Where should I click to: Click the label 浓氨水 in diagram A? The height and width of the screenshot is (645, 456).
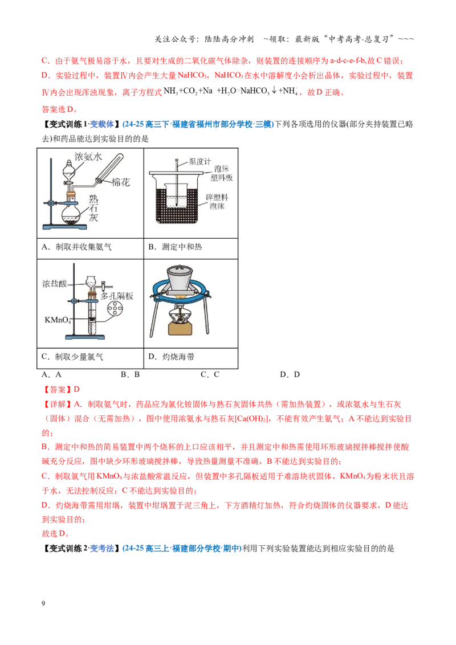click(x=88, y=157)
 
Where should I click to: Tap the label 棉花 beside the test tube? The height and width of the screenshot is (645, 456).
click(x=121, y=182)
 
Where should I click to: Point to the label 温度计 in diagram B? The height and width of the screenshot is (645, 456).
click(x=200, y=162)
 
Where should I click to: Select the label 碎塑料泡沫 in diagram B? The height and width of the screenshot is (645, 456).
click(x=217, y=202)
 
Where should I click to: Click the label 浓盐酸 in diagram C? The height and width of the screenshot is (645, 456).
click(x=55, y=283)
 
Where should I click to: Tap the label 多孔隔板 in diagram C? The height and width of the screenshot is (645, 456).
click(x=117, y=296)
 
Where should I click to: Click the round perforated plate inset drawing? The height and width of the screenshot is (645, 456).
click(x=115, y=308)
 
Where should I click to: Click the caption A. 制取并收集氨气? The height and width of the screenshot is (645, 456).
click(x=76, y=247)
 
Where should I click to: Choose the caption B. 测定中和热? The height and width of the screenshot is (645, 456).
click(x=175, y=247)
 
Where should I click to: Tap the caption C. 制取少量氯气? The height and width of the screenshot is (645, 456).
click(x=72, y=357)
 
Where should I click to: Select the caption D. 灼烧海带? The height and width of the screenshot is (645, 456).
click(x=171, y=357)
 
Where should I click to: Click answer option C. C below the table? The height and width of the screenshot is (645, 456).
click(x=210, y=374)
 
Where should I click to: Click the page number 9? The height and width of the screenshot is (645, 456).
click(x=43, y=603)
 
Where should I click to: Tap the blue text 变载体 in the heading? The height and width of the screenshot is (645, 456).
click(x=101, y=124)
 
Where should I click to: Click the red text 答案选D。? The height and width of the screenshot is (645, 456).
click(x=60, y=109)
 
